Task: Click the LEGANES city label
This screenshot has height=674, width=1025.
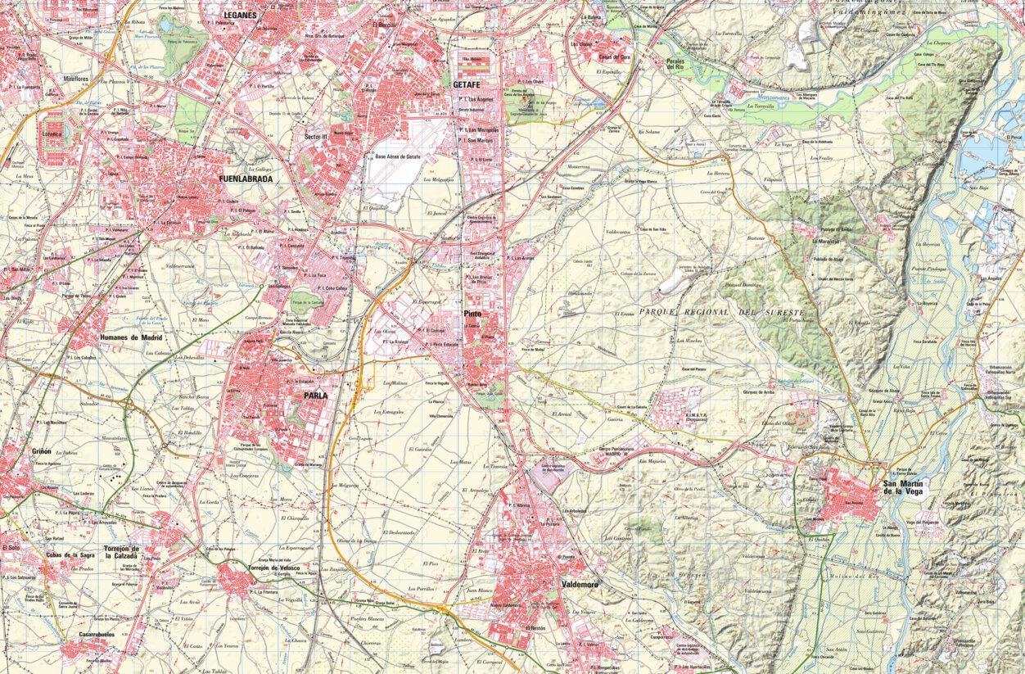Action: pos(240,15)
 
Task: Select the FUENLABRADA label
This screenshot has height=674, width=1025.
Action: pos(246,177)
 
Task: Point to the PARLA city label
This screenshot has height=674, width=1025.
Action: pos(315,395)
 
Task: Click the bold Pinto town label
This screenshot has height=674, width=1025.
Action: pos(472,314)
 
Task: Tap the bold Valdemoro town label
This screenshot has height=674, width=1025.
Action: pos(580,584)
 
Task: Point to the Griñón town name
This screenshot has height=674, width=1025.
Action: pos(42,451)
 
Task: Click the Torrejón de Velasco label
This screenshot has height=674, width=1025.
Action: pos(273,568)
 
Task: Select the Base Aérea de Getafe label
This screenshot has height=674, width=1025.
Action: pos(398,156)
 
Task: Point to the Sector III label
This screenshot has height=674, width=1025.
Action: pos(315,136)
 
